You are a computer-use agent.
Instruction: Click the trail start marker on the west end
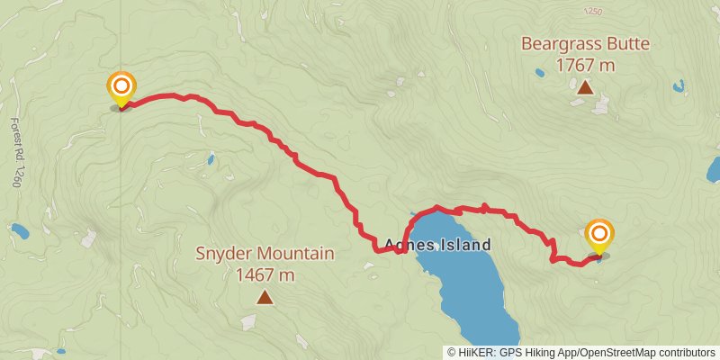pos(121,88)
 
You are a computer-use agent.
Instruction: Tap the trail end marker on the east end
pos(599,237)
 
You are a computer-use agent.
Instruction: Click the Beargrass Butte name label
pos(584,43)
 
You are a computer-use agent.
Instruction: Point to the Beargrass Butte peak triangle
pos(585,87)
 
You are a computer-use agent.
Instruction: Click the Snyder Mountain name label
pos(265,254)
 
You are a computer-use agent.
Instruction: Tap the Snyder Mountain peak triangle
pos(265,297)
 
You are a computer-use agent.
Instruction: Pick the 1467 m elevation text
pos(265,274)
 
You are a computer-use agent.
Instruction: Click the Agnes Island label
pos(437,244)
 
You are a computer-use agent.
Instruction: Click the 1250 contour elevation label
pos(591,12)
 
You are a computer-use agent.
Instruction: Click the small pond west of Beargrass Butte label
pos(539,73)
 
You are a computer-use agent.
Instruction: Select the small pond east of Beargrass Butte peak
pos(678,87)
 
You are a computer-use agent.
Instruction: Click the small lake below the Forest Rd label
pos(19,231)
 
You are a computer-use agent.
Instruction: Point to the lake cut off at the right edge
pos(714,169)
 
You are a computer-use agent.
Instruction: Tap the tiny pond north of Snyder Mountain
pos(210,160)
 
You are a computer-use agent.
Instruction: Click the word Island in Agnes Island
pos(464,244)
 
